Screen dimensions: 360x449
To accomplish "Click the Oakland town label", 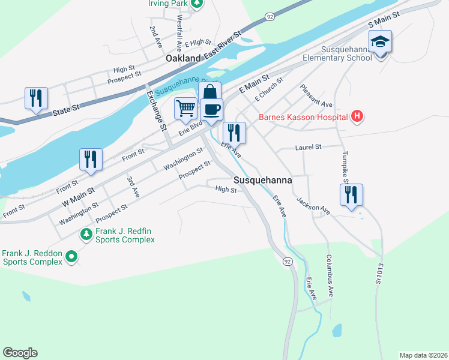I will [x=183, y=59].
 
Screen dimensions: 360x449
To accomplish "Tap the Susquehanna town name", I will [x=263, y=180].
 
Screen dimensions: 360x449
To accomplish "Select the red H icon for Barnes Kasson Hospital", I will [x=357, y=116].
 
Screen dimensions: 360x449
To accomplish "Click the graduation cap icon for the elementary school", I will [x=380, y=42].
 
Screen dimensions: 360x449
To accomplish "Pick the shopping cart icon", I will [x=186, y=109].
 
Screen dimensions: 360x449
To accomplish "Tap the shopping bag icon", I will [x=209, y=92].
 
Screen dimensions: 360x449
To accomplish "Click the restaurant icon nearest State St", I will [x=36, y=97].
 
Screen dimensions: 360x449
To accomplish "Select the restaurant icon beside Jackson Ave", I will [x=351, y=194].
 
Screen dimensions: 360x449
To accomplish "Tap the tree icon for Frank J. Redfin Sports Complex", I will [x=86, y=233].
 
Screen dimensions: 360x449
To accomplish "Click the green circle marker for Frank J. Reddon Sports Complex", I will [x=71, y=257].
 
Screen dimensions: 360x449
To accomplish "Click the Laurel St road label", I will [x=309, y=146].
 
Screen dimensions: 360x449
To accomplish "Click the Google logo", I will [x=20, y=353].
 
